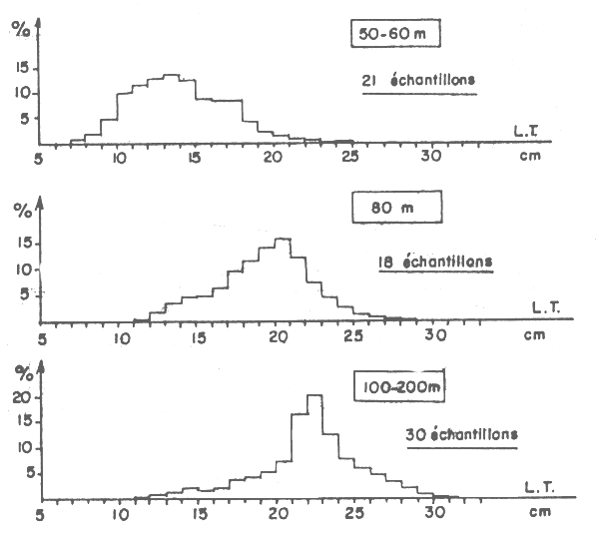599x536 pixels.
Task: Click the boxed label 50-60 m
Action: click(397, 37)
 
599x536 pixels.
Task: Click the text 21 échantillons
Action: click(418, 83)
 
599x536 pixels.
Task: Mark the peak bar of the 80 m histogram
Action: click(283, 279)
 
